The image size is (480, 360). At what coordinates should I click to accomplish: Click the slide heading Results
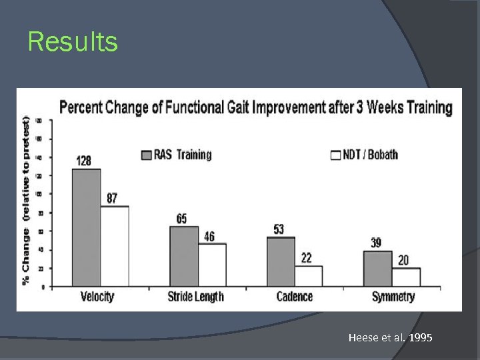click(73, 42)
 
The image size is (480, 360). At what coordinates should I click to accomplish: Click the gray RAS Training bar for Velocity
click(86, 227)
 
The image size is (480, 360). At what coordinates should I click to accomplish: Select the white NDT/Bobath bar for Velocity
click(115, 246)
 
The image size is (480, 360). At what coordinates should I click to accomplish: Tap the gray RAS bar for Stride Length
click(184, 257)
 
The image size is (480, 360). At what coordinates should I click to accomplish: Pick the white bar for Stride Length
click(212, 265)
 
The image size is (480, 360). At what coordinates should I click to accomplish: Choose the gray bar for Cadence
click(281, 261)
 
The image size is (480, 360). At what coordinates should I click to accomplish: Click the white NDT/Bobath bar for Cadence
click(309, 276)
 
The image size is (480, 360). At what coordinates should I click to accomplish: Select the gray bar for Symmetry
click(378, 269)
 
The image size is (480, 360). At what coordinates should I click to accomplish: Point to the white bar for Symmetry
click(406, 277)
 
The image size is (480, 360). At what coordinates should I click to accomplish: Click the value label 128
click(84, 161)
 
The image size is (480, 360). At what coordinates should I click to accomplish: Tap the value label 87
click(113, 198)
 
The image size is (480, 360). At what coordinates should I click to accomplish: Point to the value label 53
click(279, 229)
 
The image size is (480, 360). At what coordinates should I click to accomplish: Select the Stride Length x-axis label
click(196, 297)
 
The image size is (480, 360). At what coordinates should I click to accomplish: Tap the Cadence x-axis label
click(294, 297)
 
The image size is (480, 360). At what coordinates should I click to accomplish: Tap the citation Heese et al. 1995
click(390, 338)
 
